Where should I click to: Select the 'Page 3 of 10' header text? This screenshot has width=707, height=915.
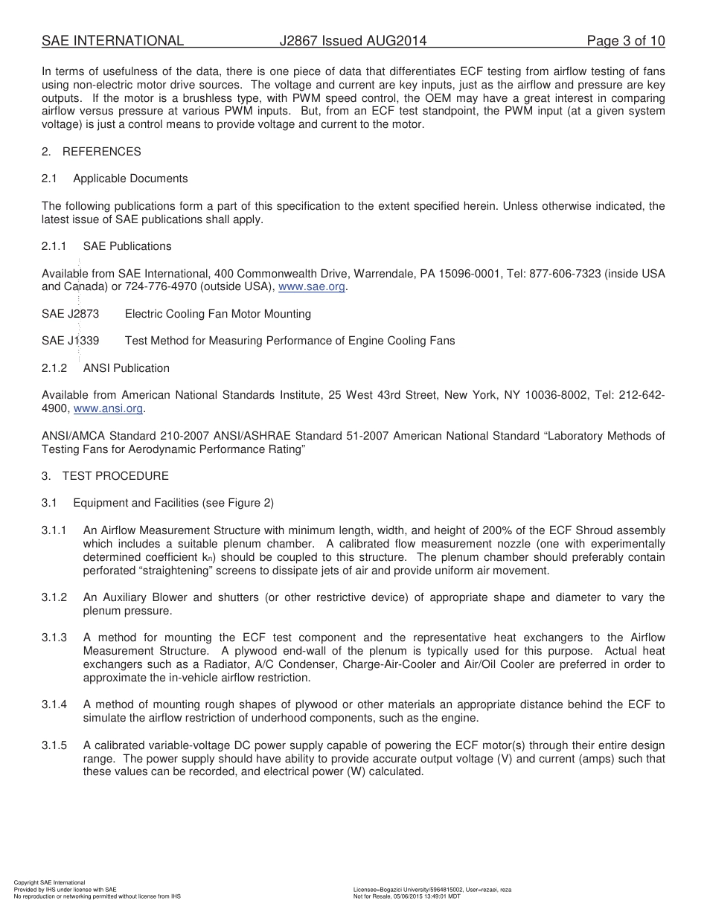tap(625, 41)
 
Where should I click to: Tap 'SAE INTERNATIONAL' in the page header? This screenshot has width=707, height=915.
tap(112, 41)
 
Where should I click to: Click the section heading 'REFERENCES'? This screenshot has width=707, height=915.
tap(101, 152)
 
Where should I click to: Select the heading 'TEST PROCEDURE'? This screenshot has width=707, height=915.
tap(115, 476)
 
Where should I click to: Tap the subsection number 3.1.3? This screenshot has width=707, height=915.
tap(54, 638)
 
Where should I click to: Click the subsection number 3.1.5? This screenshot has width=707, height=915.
tap(54, 745)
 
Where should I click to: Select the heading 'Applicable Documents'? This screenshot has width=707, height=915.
tap(130, 179)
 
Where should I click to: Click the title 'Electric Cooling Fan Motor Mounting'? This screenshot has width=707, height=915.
tap(217, 314)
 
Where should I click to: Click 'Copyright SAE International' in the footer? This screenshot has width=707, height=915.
tap(49, 882)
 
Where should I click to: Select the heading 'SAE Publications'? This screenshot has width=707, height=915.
tap(127, 246)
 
